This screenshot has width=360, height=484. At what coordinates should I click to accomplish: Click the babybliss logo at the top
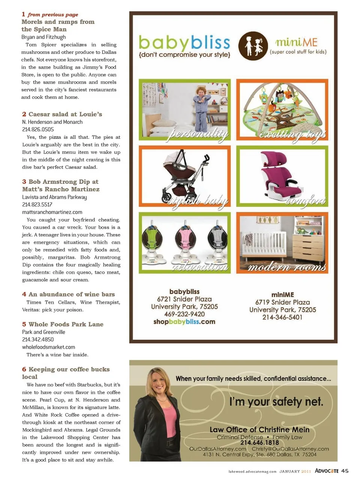pos(184,43)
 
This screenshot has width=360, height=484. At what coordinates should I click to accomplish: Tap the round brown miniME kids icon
pos(253,46)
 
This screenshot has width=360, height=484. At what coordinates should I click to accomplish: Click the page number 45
pos(345,471)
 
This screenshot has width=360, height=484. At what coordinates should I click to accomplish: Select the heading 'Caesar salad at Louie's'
pos(62,114)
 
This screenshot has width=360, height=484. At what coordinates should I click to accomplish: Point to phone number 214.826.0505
pos(38,129)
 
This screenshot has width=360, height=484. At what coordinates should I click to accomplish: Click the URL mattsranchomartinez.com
pos(52,212)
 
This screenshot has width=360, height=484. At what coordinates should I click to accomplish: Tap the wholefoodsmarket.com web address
pos(48,347)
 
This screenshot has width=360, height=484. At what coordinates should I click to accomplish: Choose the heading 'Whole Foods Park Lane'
pos(63,324)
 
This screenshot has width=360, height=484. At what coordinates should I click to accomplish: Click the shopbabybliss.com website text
pos(184,322)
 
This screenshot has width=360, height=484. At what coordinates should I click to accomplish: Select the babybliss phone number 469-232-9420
pos(184,314)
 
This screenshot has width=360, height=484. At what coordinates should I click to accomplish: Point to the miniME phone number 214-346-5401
pos(282,317)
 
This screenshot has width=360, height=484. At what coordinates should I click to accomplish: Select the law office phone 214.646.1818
pos(259,443)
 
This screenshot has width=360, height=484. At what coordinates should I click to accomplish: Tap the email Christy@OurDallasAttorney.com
pos(290,449)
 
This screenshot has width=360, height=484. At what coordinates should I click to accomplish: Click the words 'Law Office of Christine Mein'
pos(259,430)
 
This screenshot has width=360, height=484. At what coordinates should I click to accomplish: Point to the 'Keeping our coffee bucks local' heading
pos(66,373)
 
